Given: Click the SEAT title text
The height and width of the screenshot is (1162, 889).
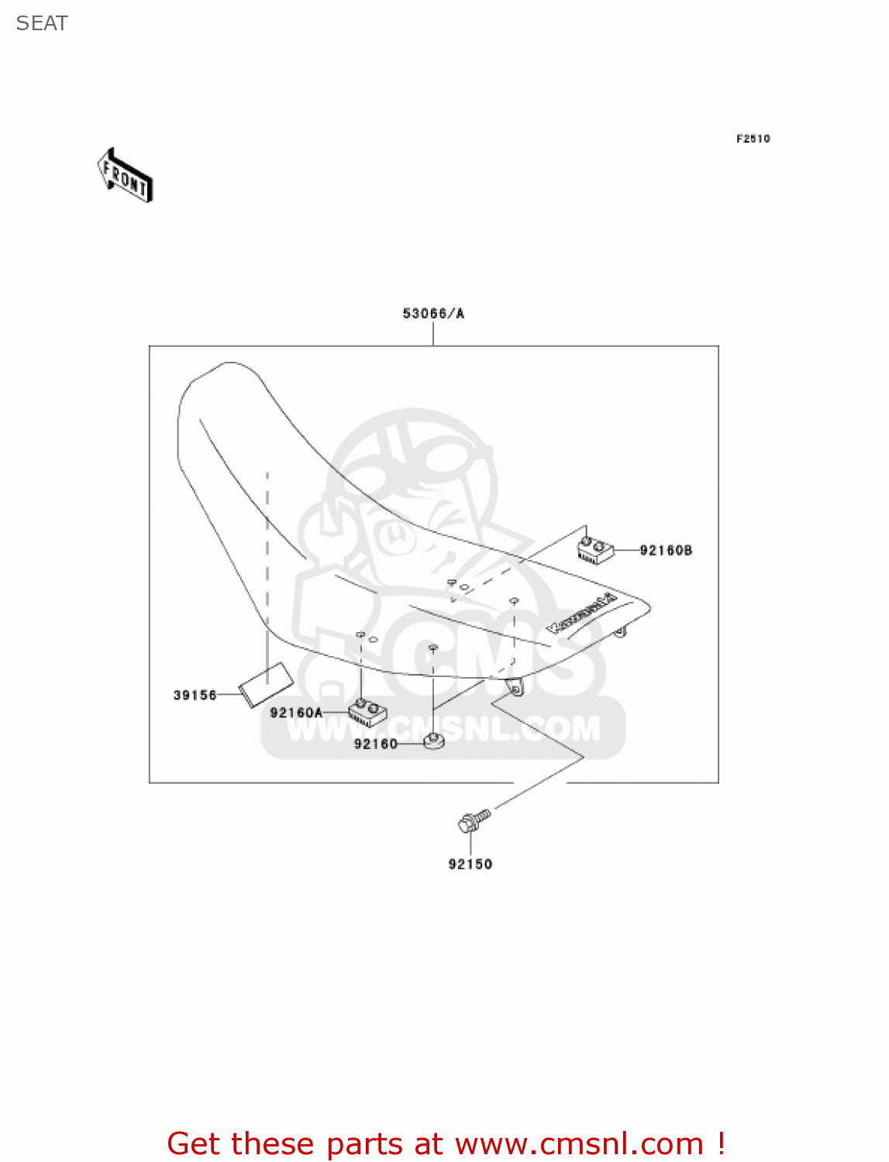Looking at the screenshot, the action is (x=42, y=23).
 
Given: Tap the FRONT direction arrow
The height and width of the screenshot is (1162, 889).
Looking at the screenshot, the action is (x=126, y=177).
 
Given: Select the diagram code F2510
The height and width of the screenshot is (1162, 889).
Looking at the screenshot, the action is (x=753, y=139).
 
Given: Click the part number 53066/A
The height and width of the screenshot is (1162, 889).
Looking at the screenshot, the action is (x=433, y=314).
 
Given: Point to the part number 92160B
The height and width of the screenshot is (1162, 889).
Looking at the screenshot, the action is (x=666, y=551).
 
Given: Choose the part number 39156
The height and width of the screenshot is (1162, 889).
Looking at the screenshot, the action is (x=195, y=695).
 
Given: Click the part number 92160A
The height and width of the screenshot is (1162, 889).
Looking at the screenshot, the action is (x=296, y=713).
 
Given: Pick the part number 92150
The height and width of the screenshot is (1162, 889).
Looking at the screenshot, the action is (x=470, y=864).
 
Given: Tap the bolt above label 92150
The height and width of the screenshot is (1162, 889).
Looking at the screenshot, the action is (x=473, y=821).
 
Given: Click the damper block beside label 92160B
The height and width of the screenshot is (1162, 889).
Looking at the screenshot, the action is (x=595, y=549).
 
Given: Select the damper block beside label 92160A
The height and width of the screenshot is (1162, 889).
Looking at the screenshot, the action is (x=368, y=712).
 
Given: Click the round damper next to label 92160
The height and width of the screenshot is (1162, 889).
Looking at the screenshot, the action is (x=433, y=742).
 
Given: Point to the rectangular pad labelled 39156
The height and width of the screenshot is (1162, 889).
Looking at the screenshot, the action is (x=265, y=685).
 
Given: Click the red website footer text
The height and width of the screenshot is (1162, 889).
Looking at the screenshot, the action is (x=446, y=1143).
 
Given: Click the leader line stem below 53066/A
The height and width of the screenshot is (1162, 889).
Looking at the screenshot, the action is (x=433, y=334).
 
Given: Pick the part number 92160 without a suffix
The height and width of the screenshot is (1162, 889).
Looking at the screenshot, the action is (x=375, y=744).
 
